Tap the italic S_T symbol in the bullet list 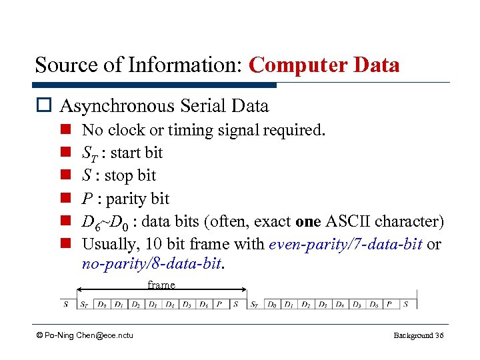click(x=89, y=153)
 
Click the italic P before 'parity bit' click(x=87, y=199)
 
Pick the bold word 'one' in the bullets click(x=308, y=221)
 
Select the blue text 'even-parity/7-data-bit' click(x=345, y=244)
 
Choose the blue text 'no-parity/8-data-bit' click(x=153, y=263)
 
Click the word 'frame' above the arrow click(x=161, y=285)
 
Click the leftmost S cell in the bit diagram click(x=66, y=305)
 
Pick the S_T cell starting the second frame click(x=255, y=305)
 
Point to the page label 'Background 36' click(x=418, y=335)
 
